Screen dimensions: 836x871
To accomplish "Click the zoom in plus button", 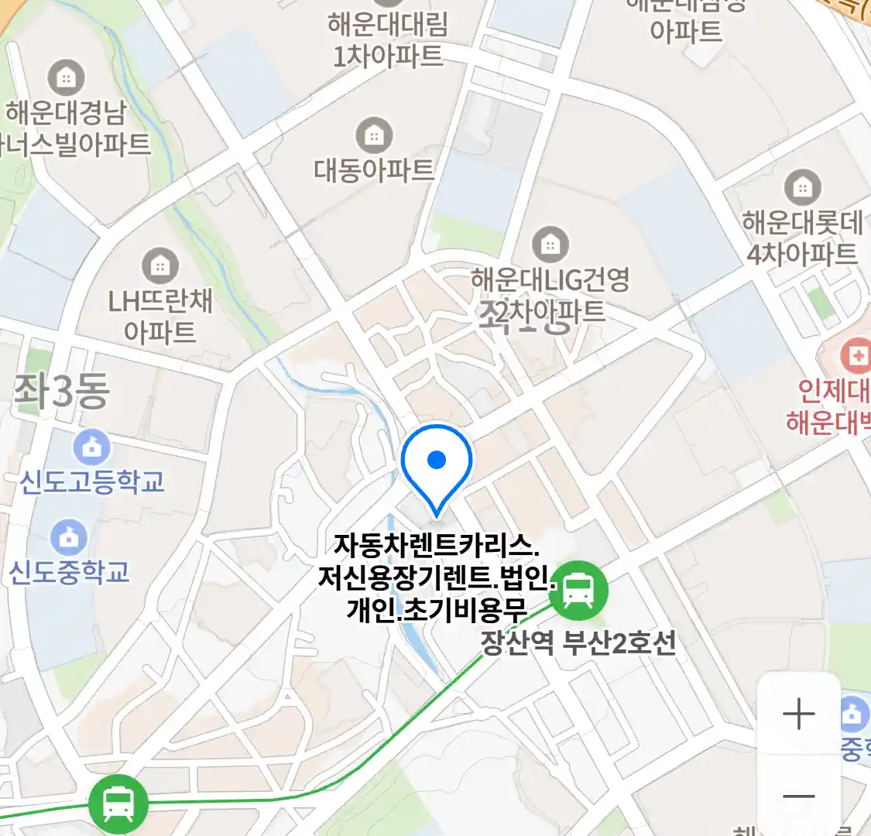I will coord(798,713).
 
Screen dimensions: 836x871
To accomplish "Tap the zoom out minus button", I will coord(798,795).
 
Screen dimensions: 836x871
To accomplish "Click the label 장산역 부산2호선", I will coord(578,642).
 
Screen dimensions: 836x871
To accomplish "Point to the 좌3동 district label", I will coord(62,392).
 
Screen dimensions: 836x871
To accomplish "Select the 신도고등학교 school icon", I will coord(91,447).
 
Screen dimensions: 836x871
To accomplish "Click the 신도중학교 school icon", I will coord(69,537).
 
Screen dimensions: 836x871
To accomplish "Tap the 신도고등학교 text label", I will coord(92,481).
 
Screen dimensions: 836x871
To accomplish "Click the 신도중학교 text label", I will coord(69,572).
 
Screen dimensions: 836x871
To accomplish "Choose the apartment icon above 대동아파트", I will coord(374,136).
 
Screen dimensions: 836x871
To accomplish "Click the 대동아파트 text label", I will coord(374,170).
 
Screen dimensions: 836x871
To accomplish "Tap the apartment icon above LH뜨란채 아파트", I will coord(160,266).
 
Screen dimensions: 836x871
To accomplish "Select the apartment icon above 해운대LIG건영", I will coord(550,245).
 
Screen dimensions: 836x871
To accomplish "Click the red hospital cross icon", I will coord(856,356).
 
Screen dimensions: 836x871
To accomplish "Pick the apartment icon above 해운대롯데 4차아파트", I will coord(802,187).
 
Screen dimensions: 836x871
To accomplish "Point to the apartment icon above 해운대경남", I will coord(67,77).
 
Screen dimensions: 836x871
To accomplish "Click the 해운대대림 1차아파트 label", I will coord(388,40).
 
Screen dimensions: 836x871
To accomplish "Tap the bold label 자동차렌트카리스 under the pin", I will coord(436,545).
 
